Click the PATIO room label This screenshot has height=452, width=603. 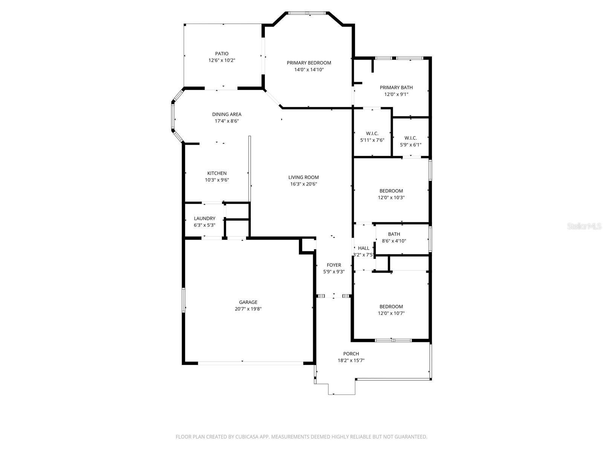coord(222,53)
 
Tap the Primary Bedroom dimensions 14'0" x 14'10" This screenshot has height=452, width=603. coord(309,70)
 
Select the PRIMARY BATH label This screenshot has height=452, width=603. coord(396,87)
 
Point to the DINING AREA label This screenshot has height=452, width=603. coord(227,114)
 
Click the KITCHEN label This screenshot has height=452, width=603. coord(217,173)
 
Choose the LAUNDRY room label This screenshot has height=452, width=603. coord(204,218)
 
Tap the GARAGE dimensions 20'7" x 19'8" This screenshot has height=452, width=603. coord(248,309)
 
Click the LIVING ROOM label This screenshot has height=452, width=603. coord(303,177)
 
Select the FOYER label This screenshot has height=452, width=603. coord(334,265)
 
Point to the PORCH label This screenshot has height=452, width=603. coord(351,354)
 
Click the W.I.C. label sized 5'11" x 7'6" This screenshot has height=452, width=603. coord(372,133)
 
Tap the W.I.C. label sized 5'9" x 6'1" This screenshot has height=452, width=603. coord(410,138)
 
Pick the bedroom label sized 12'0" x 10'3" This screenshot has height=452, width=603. coord(391,191)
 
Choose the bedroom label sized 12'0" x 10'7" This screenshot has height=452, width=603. coord(391,307)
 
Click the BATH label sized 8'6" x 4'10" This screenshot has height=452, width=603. coord(394,234)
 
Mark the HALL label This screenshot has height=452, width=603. coord(364,248)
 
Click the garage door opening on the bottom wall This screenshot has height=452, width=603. coord(251,363)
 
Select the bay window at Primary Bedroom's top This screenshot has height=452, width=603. coord(307,13)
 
